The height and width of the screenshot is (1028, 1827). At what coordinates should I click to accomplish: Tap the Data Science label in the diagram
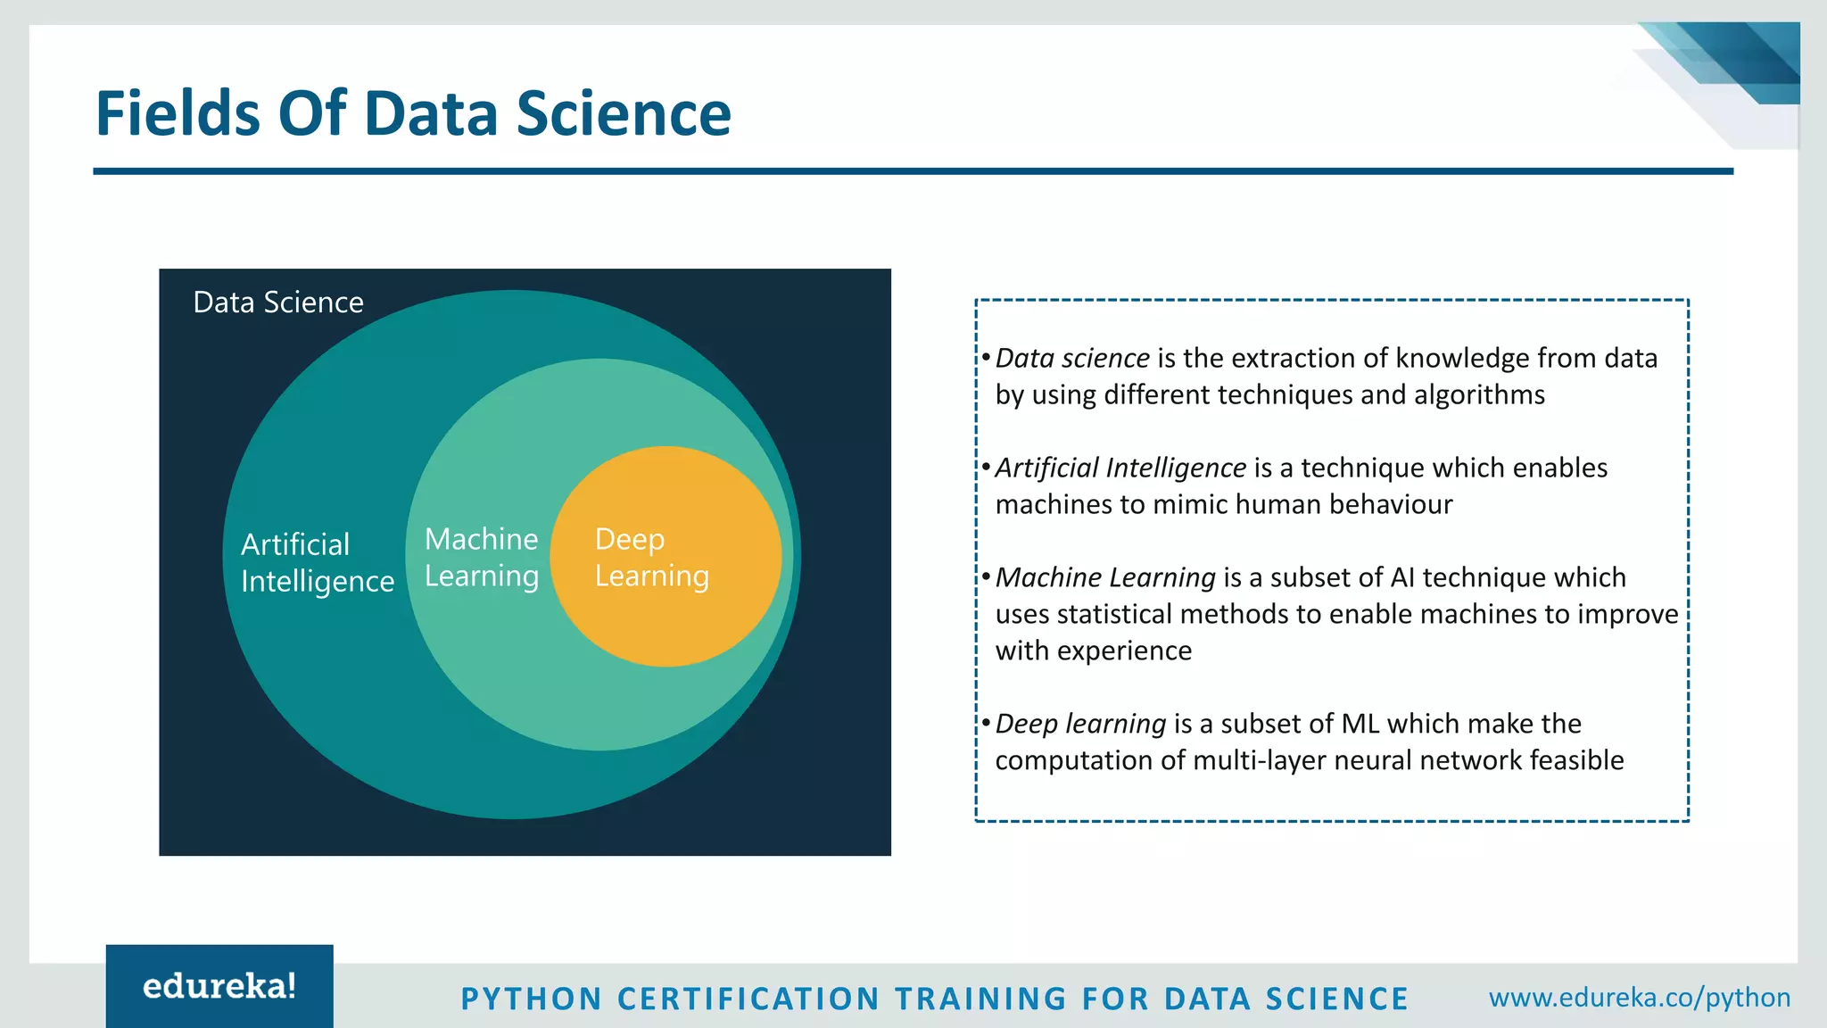278,303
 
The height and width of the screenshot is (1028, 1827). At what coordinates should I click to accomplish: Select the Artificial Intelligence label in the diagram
317,562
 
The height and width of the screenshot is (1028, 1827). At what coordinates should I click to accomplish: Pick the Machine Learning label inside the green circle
482,558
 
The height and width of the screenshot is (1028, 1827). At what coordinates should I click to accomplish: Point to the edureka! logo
219,986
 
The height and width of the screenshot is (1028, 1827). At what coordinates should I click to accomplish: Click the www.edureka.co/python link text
1640,997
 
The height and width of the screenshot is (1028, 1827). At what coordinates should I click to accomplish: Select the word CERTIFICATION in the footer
748,999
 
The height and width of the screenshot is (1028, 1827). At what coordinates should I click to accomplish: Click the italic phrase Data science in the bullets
1072,358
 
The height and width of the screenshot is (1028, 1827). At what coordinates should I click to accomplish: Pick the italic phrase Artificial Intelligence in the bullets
1120,468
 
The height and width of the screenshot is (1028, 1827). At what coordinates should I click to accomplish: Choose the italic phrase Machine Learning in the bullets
1105,577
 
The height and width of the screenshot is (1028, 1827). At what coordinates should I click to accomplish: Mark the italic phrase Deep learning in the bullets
1080,724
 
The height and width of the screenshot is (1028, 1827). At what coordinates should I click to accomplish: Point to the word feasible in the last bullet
1576,760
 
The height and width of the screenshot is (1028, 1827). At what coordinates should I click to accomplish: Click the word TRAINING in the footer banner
980,999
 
